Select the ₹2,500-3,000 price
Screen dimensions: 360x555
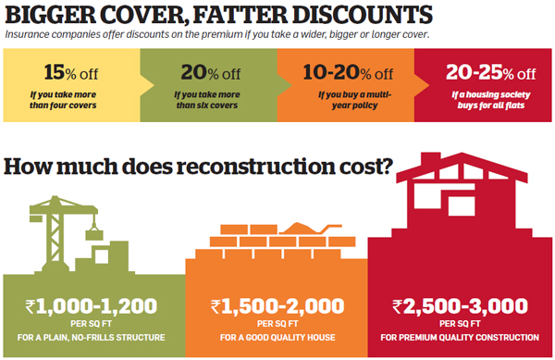[x=460, y=304]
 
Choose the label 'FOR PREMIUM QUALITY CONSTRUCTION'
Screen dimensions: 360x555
[x=460, y=337]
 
